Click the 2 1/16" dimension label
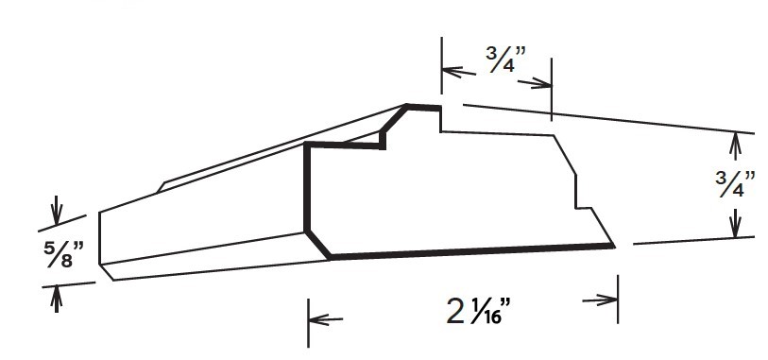point(478,311)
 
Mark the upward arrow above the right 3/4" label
point(735,143)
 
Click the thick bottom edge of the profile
point(472,251)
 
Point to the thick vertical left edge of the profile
point(306,189)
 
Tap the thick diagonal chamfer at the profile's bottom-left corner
point(318,243)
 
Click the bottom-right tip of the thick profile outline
point(612,246)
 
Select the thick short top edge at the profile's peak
point(423,107)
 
